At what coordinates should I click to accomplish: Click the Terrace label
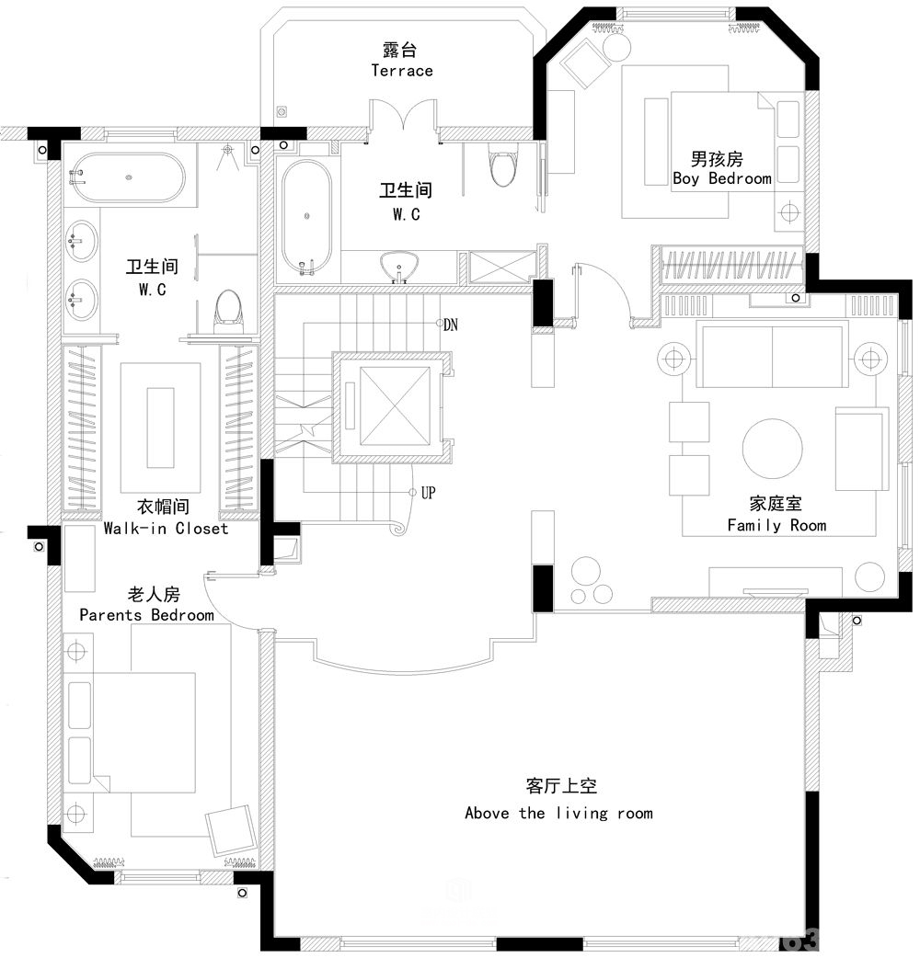(x=402, y=71)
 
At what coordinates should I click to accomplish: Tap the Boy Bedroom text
(x=722, y=178)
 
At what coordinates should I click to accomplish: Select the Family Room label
(x=776, y=526)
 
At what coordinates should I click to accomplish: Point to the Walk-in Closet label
(x=166, y=529)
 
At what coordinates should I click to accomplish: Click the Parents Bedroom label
(x=146, y=615)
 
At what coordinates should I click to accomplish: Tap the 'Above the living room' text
(x=558, y=814)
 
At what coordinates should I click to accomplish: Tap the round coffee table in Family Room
(x=772, y=449)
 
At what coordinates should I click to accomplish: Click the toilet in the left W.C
(x=228, y=311)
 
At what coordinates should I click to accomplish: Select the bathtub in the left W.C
(x=129, y=177)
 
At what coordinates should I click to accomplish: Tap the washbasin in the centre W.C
(x=399, y=267)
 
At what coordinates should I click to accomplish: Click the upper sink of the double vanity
(x=80, y=241)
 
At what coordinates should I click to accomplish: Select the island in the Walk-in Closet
(x=160, y=428)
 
